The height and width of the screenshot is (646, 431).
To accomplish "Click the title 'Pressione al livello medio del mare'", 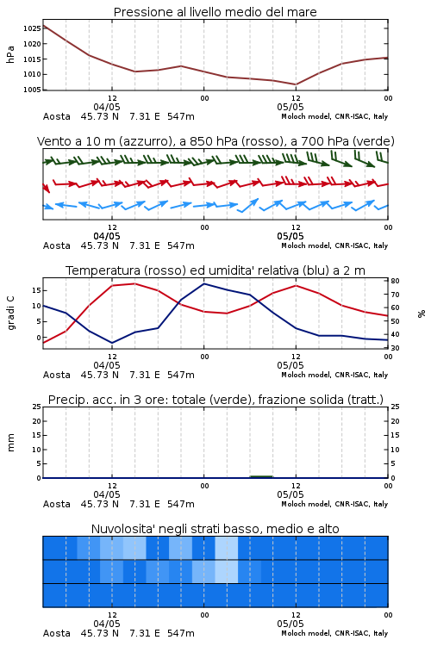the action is (215, 12).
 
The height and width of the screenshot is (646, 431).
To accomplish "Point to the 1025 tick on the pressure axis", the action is (32, 28).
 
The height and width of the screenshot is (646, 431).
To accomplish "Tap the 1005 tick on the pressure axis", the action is (32, 90).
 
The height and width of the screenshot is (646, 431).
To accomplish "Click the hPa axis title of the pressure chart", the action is (10, 54).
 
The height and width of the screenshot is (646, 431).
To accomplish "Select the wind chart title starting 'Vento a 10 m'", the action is (215, 141).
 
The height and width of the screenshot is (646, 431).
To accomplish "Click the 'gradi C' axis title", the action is (11, 314).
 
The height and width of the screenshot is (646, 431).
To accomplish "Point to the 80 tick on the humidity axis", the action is (395, 281).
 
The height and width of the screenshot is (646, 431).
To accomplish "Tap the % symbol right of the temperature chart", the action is (422, 314).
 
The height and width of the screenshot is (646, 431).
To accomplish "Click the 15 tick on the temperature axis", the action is (36, 290).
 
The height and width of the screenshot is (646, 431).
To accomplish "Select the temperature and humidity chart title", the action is (215, 270).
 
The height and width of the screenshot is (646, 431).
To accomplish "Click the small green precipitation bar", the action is (261, 476).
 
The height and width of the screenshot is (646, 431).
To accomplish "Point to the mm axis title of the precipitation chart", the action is (10, 443).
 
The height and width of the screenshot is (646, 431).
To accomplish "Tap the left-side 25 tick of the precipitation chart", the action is (36, 407).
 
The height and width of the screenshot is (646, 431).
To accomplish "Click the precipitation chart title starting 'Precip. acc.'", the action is (215, 400).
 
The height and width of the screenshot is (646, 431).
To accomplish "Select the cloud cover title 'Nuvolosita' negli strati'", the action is (215, 529).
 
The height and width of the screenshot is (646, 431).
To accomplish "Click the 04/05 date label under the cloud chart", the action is (107, 624).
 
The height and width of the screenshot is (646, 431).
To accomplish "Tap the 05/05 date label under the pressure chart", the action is (290, 107).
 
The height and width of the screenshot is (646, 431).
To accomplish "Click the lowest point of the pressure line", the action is (296, 84).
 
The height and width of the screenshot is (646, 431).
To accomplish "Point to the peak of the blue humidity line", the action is (203, 284).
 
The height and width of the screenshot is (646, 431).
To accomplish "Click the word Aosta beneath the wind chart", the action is (57, 246).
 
